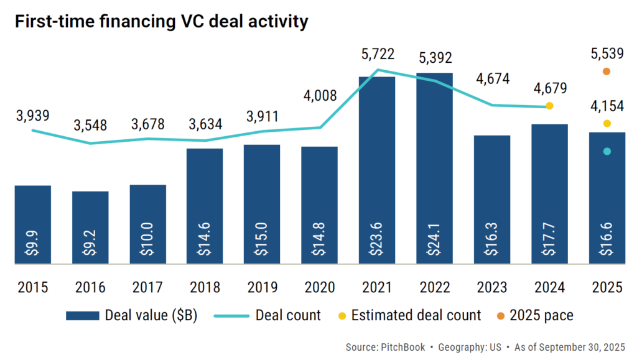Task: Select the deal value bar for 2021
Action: point(377,168)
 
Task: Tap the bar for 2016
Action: point(90,227)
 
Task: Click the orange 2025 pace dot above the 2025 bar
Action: point(607,72)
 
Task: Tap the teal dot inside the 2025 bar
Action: point(607,151)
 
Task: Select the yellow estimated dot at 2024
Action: point(549,106)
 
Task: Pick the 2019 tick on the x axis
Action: point(263,287)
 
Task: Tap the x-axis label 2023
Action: point(492,287)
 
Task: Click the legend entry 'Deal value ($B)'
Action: point(133,315)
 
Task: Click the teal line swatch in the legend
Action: point(230,316)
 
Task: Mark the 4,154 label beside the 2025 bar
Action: point(607,106)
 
